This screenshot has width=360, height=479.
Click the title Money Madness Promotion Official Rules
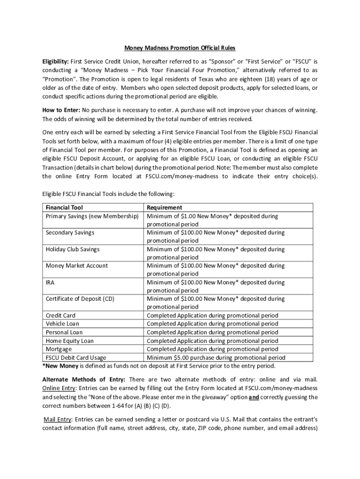pos(180,48)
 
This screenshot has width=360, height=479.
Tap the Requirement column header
pos(165,207)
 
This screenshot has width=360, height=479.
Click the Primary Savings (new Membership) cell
pos(92,216)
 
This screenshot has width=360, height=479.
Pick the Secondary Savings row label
pos(70,232)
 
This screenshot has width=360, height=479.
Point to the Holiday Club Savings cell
pos(72,249)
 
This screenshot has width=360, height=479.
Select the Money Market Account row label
pos(77,266)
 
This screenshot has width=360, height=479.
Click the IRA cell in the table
pos(50,282)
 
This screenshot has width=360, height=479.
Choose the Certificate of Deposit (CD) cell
pos(80,298)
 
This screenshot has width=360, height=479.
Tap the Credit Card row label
pos(60,315)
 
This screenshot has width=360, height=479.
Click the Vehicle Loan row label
pos(62,324)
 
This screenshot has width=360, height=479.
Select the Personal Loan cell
pos(64,332)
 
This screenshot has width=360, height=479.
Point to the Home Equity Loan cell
pos(70,341)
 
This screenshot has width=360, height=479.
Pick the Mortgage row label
pos(58,349)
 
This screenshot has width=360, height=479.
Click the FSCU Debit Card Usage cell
pos(76,358)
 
